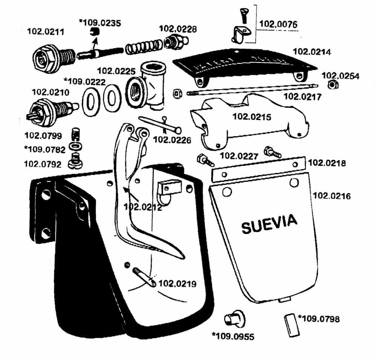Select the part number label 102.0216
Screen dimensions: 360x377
coord(332,196)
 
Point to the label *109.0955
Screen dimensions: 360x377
coord(233,336)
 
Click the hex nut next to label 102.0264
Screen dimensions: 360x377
coord(331,85)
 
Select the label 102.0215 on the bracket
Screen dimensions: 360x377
coord(252,117)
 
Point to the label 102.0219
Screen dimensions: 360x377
coord(178,283)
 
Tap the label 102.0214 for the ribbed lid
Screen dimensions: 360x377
coord(312,52)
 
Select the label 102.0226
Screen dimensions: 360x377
coord(172,140)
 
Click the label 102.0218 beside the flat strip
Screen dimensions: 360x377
coord(327,163)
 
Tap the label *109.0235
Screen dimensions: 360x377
coord(100,23)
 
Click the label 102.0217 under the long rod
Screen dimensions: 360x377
coord(302,97)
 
